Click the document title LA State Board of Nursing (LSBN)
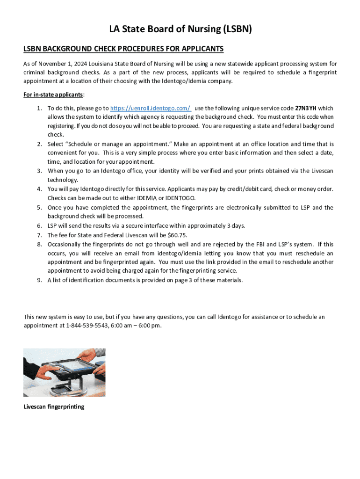click(180, 29)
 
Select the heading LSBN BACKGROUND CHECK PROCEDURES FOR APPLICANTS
click(123, 49)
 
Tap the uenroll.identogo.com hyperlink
click(151, 108)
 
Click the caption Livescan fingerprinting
click(54, 406)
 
